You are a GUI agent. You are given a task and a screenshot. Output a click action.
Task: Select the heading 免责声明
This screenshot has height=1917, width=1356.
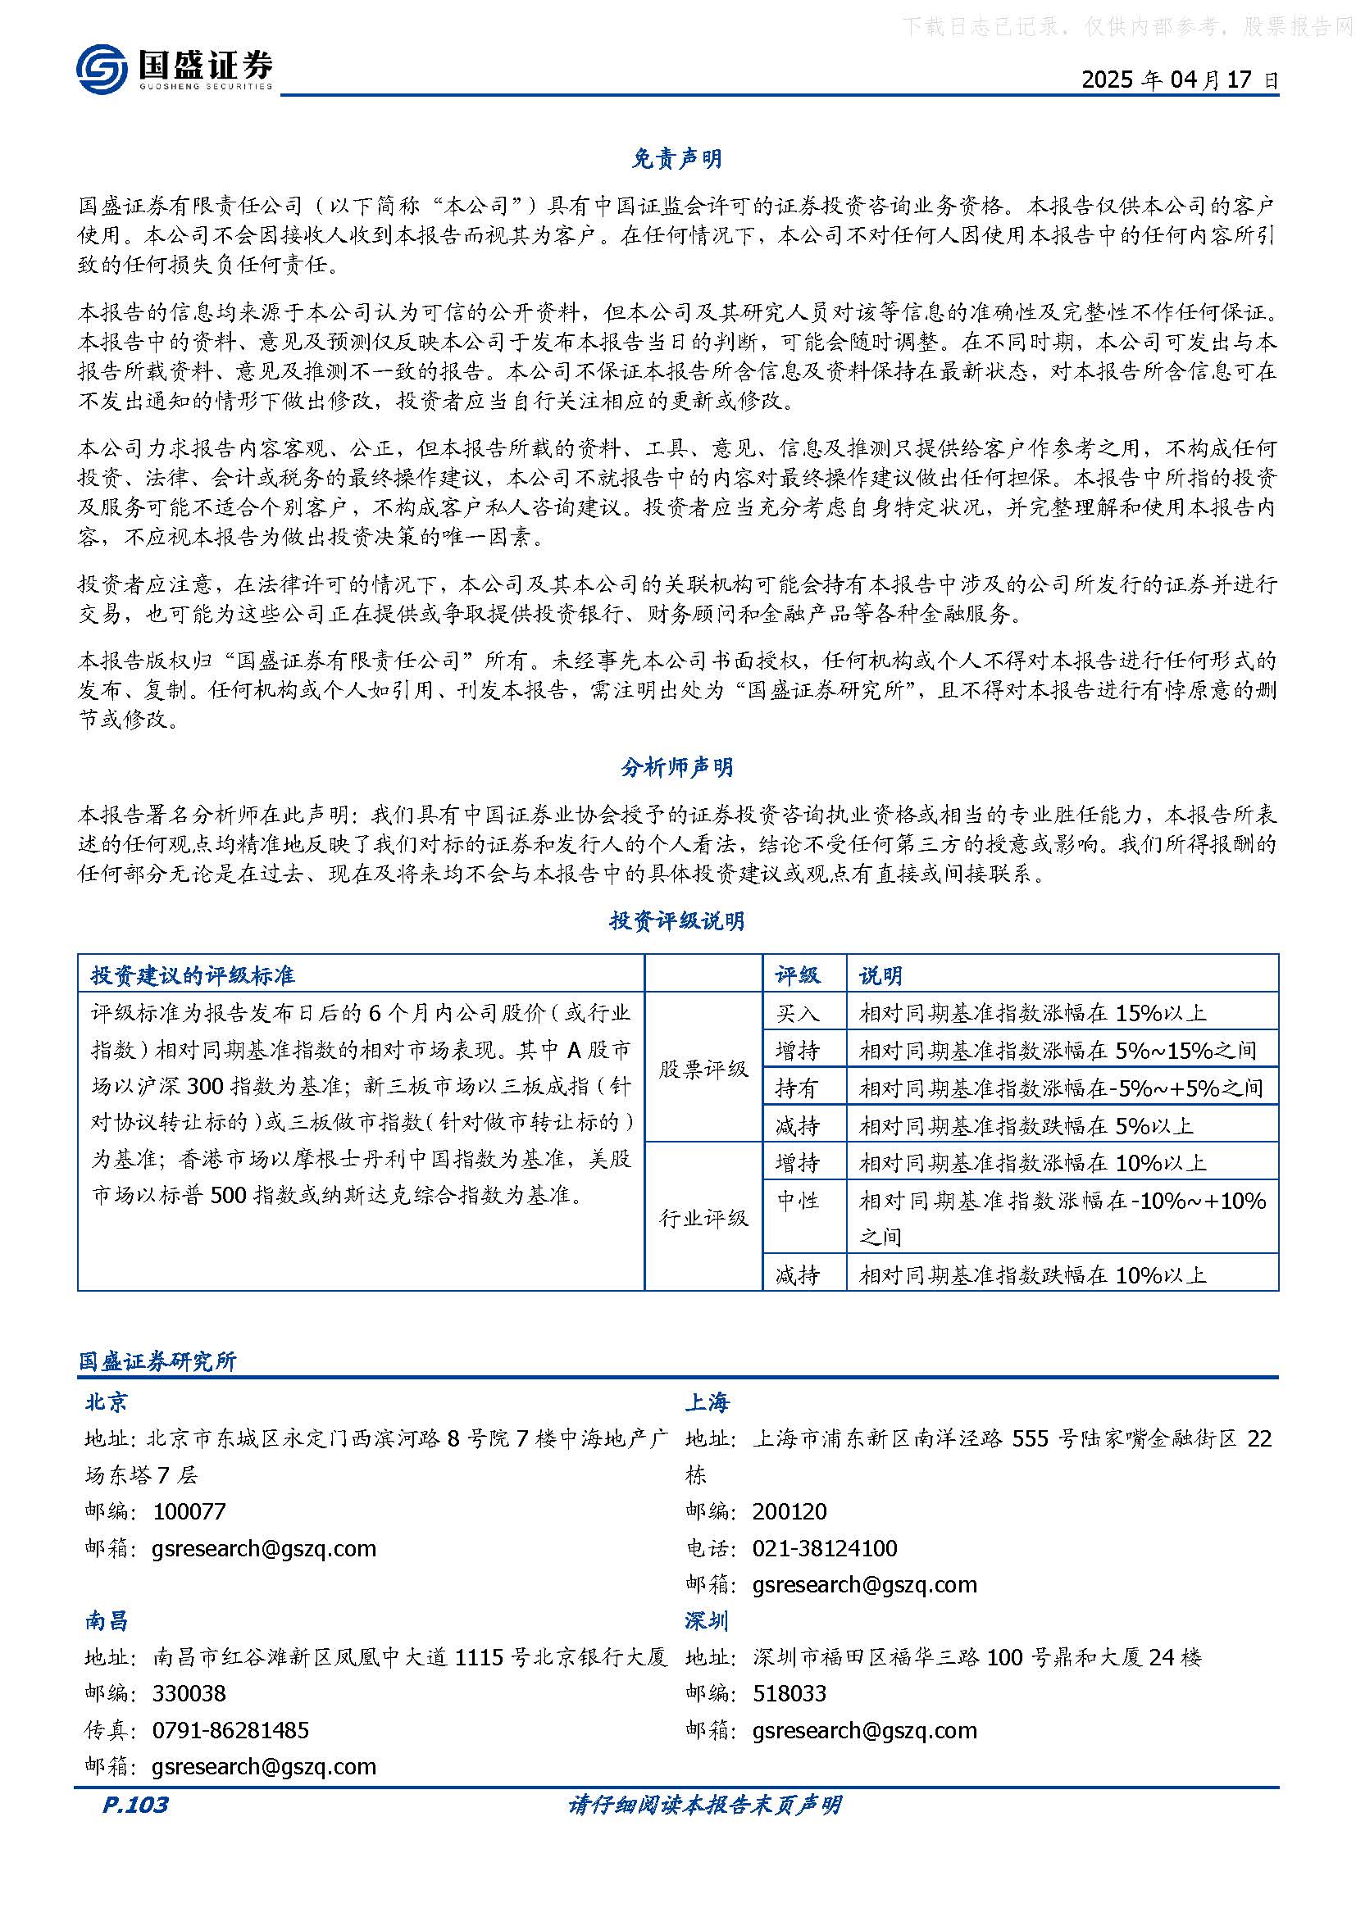coord(677,158)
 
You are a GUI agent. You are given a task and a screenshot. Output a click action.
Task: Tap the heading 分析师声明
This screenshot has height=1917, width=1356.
coord(677,767)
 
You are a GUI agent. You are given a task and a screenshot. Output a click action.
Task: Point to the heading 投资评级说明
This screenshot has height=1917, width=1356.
coord(677,921)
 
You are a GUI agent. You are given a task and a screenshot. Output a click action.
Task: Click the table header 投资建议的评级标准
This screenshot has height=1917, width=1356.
coord(193,975)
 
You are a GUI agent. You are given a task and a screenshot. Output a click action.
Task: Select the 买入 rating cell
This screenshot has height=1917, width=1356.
coord(798,1014)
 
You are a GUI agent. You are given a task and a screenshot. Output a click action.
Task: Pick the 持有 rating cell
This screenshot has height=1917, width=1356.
coord(798,1088)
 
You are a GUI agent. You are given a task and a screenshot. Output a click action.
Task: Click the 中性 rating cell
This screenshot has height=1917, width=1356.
coord(798,1201)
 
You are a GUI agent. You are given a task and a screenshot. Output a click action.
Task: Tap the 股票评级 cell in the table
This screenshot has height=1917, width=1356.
coord(703,1069)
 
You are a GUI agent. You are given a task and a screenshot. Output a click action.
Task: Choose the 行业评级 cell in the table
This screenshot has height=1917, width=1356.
coord(703,1218)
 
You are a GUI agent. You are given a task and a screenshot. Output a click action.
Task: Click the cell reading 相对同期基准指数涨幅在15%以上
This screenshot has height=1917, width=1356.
coord(1033,1014)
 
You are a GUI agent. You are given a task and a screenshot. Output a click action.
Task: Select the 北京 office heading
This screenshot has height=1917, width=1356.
coord(106,1401)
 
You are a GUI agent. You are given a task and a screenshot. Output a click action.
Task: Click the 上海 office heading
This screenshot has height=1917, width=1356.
coord(708,1401)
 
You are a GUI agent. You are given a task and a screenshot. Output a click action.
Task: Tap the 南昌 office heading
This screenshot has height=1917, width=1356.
coord(106,1620)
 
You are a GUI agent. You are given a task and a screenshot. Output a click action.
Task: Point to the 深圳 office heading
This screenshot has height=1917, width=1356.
coord(708,1620)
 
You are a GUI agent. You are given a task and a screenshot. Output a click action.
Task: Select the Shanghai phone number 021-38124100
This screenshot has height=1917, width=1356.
coord(824,1548)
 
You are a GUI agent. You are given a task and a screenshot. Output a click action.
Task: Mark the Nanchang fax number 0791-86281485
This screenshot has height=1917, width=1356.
coord(230,1730)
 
